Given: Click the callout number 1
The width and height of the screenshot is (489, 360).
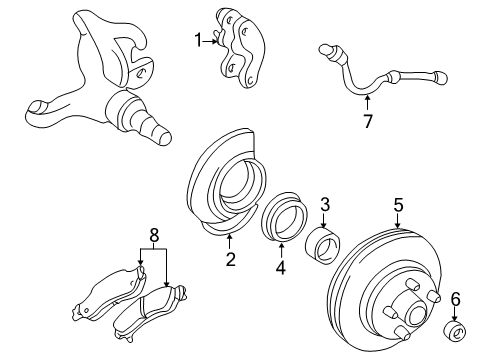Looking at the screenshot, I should (198, 40).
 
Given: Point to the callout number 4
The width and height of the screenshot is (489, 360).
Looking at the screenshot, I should (280, 268).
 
